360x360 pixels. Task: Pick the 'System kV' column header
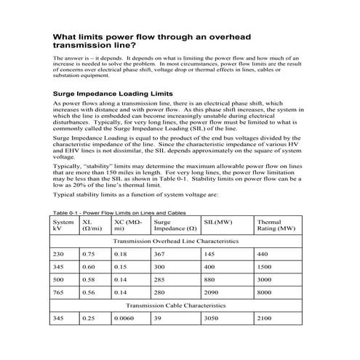63,224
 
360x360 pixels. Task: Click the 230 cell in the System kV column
59,254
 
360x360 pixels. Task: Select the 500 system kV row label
59,279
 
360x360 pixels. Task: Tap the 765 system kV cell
59,292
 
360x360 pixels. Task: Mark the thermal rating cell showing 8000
266,292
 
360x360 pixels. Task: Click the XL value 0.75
88,254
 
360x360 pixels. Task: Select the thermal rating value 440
263,254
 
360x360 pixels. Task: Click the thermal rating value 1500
266,267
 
